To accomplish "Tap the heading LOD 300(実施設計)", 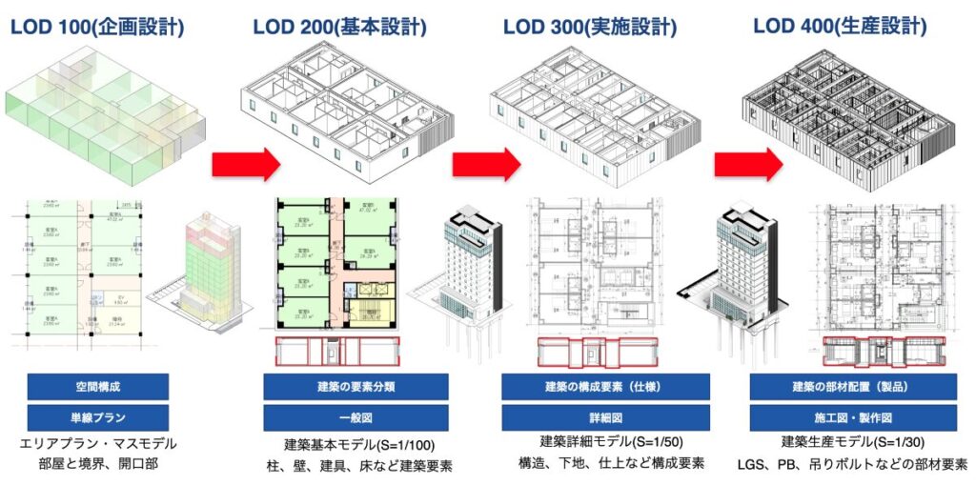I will coord(591,27).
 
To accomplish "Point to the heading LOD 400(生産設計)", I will coord(840,27).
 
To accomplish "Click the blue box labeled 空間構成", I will coord(98,386).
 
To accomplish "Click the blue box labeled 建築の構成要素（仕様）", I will coord(605,386).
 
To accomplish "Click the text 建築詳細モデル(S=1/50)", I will coord(611,441).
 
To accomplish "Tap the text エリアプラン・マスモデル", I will coord(98,444).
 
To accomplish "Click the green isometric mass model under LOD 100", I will coord(105,119).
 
